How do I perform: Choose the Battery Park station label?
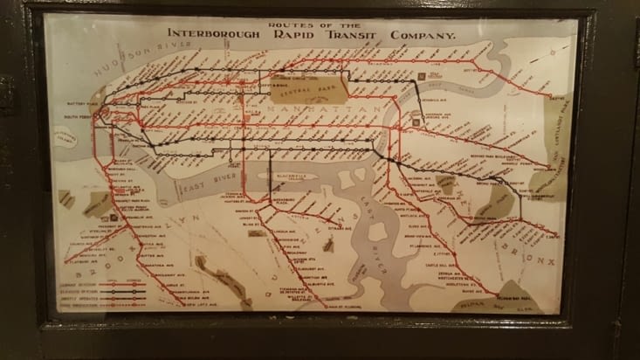79,103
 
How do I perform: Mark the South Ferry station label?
79,114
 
